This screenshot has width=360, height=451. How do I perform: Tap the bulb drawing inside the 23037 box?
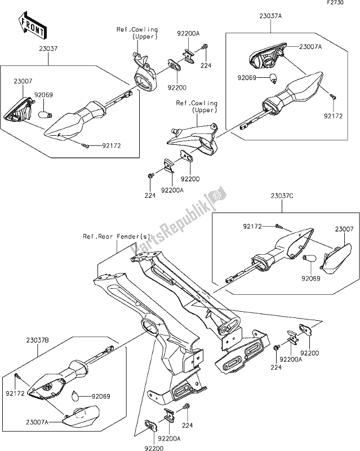pos(45,114)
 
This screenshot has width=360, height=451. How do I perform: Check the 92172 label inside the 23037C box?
pos(254,226)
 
